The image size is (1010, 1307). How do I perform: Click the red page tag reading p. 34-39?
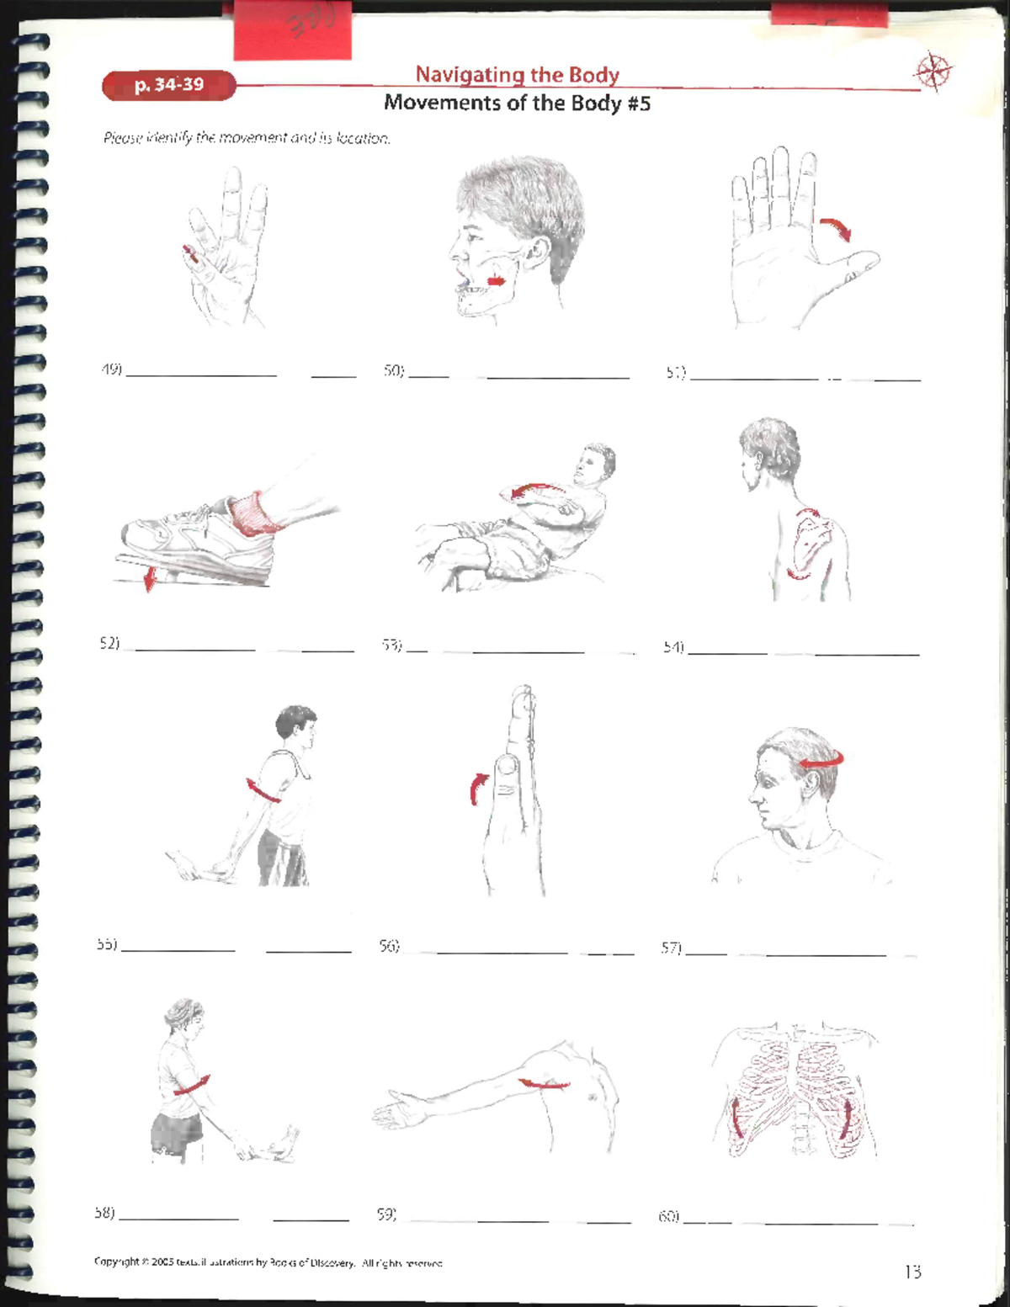point(168,85)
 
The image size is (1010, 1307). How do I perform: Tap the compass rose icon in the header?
point(933,72)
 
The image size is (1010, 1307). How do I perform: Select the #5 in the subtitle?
point(637,104)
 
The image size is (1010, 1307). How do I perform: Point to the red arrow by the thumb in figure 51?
point(836,228)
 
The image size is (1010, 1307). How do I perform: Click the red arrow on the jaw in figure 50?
point(496,281)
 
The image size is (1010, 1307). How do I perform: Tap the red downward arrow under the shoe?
point(149,578)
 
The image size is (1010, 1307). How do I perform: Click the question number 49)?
point(111,369)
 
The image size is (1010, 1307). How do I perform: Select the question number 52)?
point(109,643)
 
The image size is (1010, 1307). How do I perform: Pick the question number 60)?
point(668,1216)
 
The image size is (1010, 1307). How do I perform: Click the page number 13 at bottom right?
point(912,1272)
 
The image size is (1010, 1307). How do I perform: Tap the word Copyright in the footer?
point(116,1262)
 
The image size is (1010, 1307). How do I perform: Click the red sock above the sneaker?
point(256,514)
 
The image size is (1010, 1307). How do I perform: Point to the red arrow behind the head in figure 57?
point(821,761)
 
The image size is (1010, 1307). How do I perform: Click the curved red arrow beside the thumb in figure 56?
point(477,788)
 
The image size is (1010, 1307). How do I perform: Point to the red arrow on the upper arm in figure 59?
point(543,1084)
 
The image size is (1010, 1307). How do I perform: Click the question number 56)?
point(388,946)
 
